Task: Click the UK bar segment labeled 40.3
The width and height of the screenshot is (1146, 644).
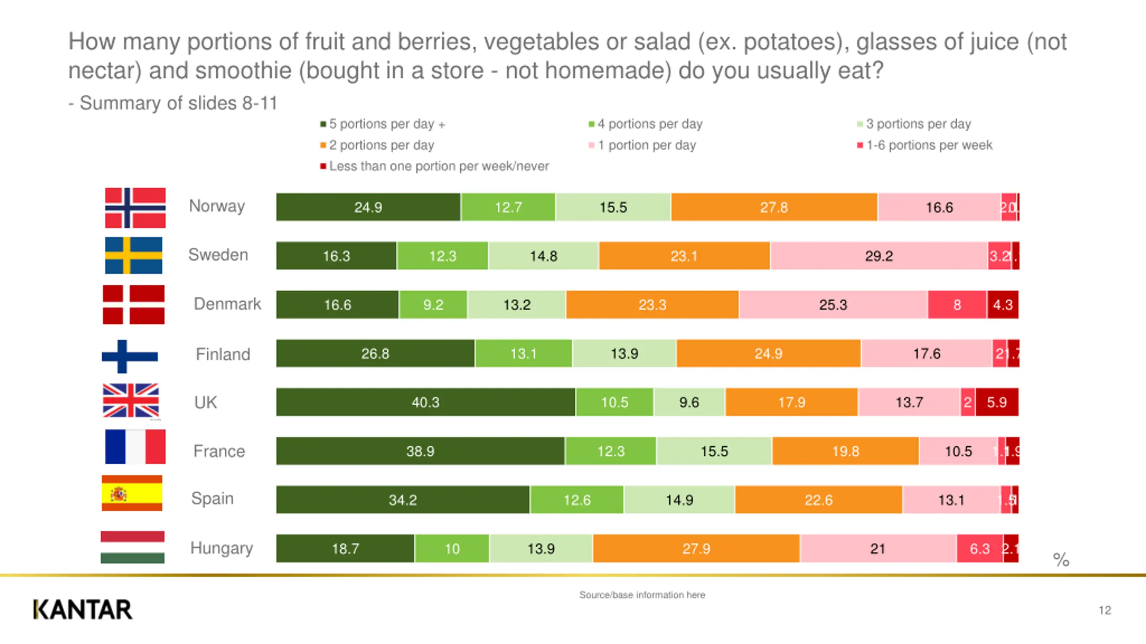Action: [x=425, y=402]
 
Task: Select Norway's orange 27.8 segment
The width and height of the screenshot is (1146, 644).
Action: [x=774, y=207]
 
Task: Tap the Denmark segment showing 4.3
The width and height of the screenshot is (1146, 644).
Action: [x=1003, y=305]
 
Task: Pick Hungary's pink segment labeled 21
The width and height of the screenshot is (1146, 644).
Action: [x=878, y=548]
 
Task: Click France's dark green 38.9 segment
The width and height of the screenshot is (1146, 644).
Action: [x=420, y=451]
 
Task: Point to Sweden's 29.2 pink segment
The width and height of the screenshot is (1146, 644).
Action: [x=879, y=256]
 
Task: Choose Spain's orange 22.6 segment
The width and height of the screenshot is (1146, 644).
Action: [x=818, y=500]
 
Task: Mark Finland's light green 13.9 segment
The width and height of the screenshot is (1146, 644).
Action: [x=624, y=353]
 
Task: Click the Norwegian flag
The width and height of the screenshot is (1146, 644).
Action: [x=135, y=208]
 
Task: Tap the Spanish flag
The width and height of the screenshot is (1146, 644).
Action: [x=132, y=493]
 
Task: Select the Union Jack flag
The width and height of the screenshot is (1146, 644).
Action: [x=131, y=401]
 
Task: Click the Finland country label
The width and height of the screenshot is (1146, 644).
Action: [x=223, y=354]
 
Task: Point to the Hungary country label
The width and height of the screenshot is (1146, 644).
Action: [x=222, y=548]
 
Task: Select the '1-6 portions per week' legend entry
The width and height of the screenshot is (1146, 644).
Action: [x=929, y=145]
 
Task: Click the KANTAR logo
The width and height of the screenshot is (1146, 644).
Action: [x=83, y=610]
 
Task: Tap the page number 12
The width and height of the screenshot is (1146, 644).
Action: [x=1104, y=610]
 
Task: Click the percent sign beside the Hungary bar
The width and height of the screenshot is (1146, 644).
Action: [x=1060, y=559]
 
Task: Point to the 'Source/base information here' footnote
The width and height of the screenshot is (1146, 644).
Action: [x=642, y=595]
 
